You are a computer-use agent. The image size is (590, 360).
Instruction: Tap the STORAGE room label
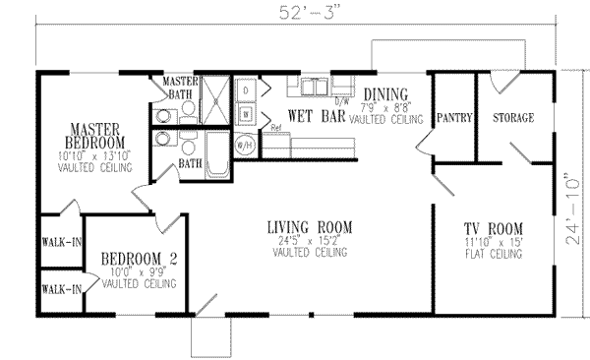pos(512,118)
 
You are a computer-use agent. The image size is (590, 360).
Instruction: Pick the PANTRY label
pos(453,118)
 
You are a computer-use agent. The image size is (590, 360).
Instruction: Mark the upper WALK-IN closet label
pos(59,241)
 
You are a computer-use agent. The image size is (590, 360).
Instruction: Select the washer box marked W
pos(246,113)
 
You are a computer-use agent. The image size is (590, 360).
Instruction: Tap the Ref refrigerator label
pos(275,128)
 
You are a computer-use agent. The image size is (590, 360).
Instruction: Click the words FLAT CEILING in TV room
pos(493,254)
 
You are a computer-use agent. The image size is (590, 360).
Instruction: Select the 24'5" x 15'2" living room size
pos(310,241)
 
